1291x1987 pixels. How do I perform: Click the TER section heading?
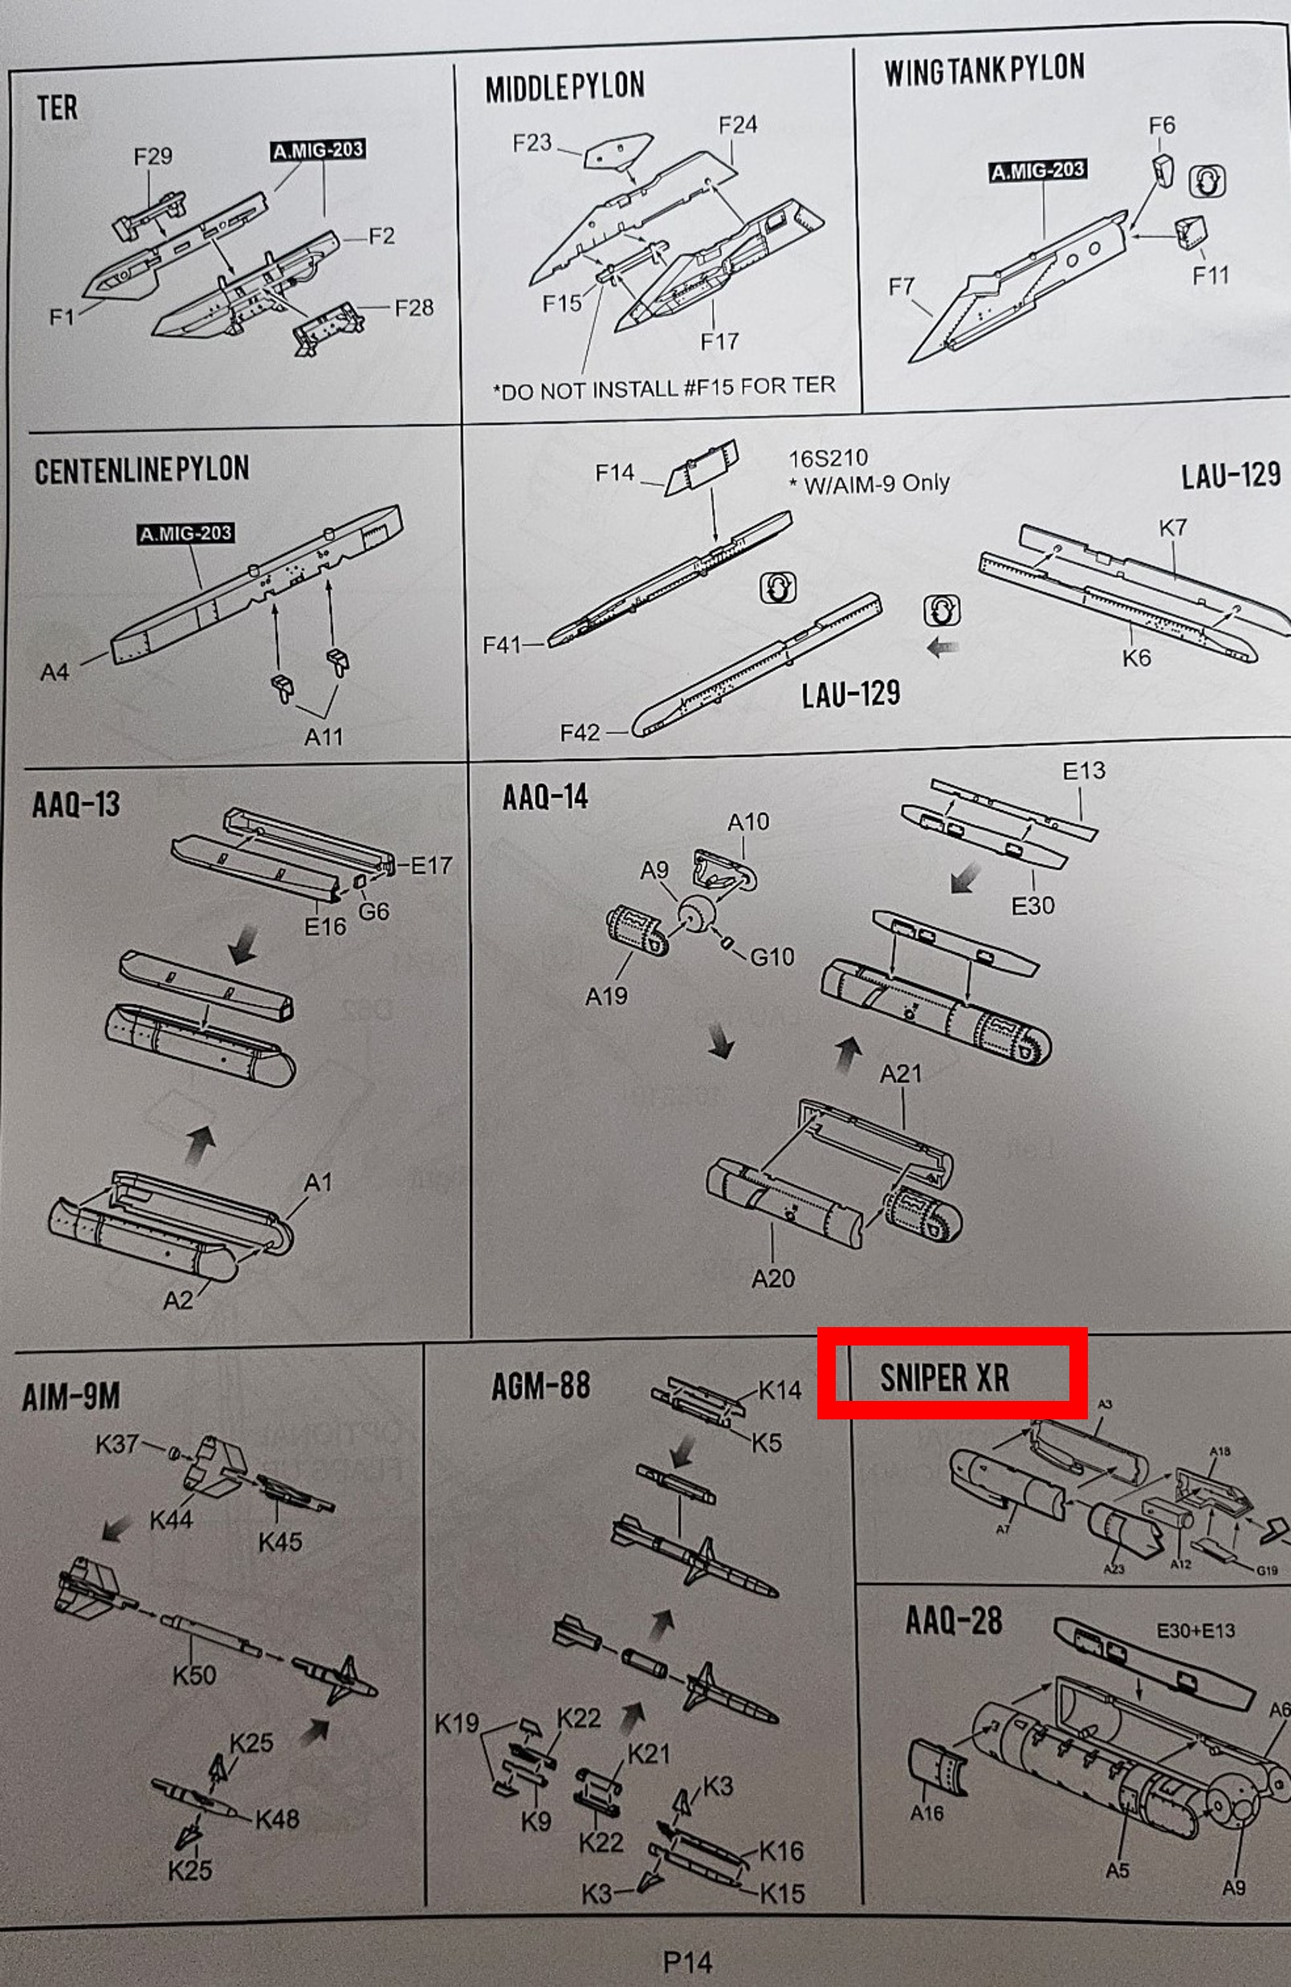point(57,108)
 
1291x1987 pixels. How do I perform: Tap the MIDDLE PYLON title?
point(564,87)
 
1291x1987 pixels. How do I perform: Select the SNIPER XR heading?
point(944,1378)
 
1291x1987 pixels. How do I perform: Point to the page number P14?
point(687,1961)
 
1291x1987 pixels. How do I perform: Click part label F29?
point(153,156)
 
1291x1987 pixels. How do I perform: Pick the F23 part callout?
point(532,143)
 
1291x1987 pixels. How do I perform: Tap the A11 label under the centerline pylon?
point(324,736)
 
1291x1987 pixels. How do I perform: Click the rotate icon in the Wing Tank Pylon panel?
point(1206,181)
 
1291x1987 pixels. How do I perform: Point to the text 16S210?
point(828,458)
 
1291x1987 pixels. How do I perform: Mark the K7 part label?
point(1172,527)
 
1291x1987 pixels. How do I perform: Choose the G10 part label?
point(772,957)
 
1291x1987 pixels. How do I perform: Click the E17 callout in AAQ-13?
point(431,865)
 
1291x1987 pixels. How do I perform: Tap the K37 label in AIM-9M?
point(117,1443)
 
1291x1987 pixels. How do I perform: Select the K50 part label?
point(193,1675)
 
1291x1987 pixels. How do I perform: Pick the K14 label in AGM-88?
point(779,1390)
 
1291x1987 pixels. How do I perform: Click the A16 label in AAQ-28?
point(926,1813)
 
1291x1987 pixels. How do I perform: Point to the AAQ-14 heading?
point(544,797)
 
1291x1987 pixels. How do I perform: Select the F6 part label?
point(1162,125)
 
